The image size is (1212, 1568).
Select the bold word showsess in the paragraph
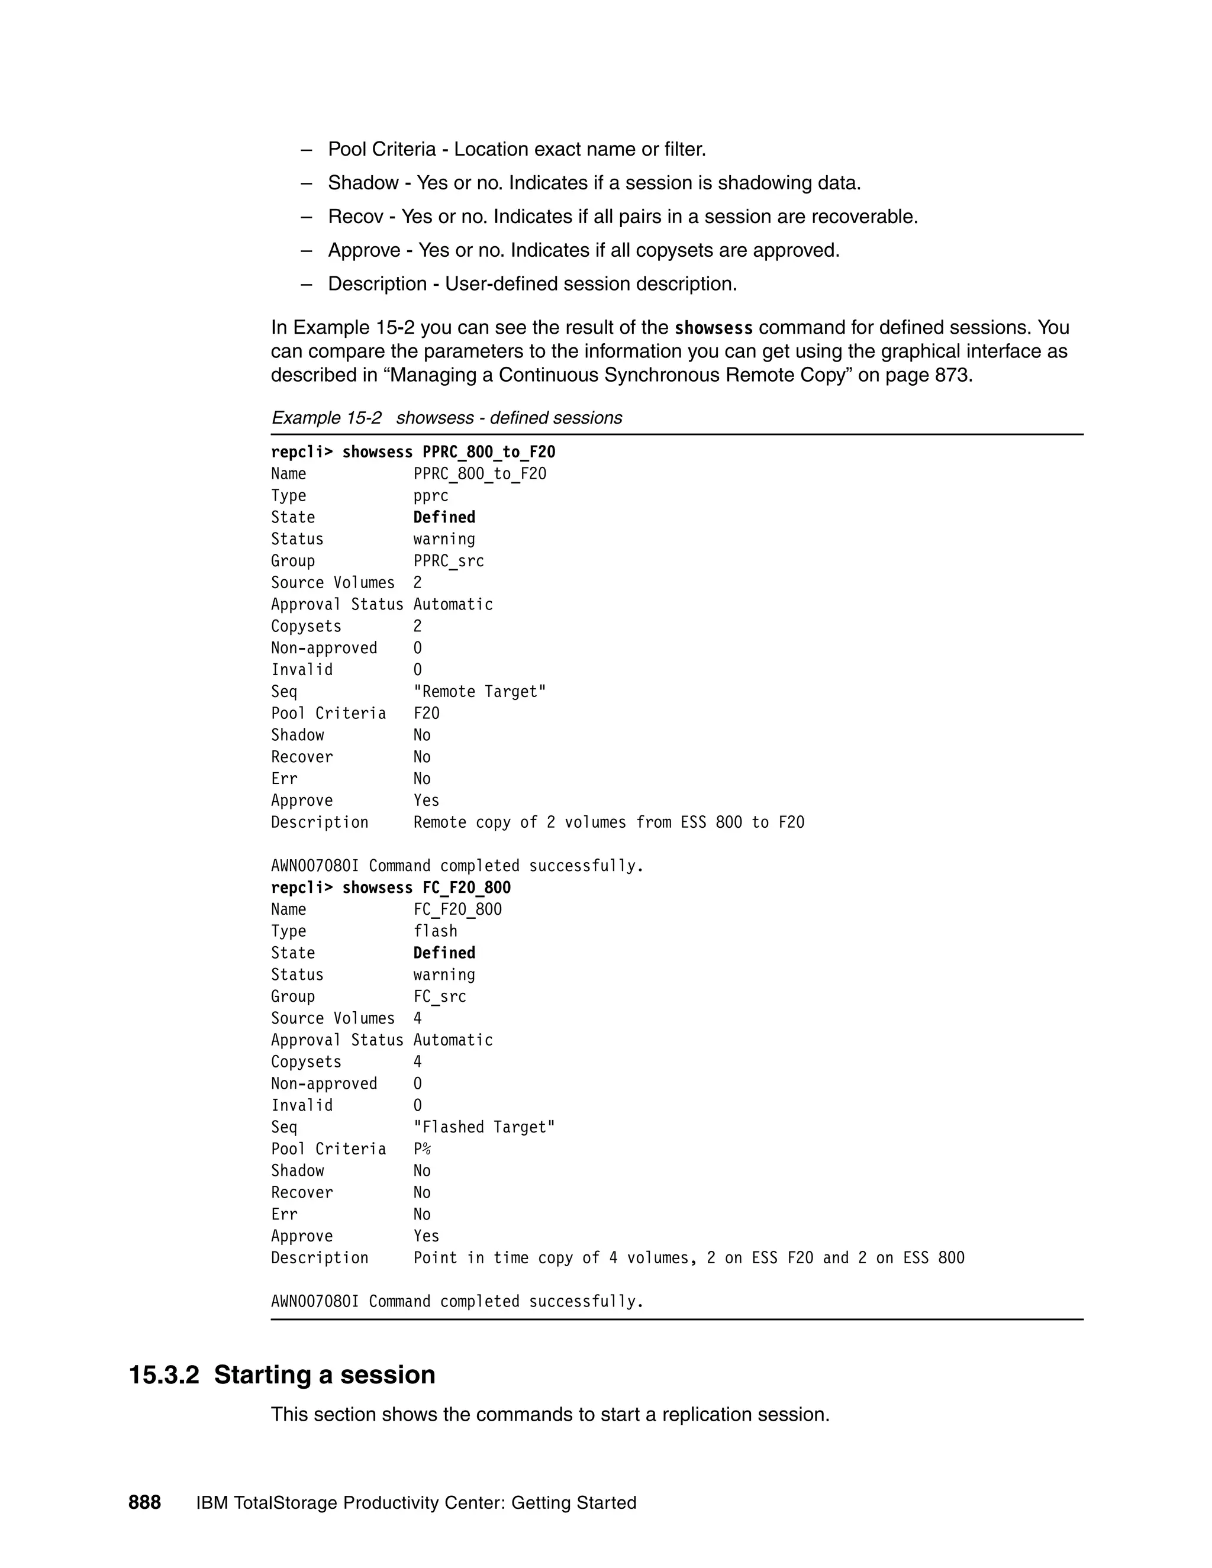tap(713, 328)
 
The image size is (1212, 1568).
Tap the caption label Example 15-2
tap(326, 418)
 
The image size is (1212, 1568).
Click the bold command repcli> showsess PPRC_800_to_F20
tap(413, 452)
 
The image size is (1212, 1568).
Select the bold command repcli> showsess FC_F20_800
tap(391, 888)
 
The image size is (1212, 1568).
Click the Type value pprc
tap(431, 496)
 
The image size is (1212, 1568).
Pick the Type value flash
tap(435, 931)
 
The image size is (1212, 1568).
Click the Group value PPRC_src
tap(449, 562)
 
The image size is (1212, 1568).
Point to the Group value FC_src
tap(440, 996)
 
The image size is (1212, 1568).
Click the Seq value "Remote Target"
tap(479, 692)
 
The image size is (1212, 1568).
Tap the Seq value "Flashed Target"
tap(484, 1127)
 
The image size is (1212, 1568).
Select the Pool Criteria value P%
tap(422, 1150)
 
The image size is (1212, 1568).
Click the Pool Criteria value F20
tap(427, 714)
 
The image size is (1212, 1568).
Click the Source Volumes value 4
tap(418, 1019)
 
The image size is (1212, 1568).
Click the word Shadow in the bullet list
tap(363, 183)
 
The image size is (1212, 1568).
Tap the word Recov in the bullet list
tap(356, 217)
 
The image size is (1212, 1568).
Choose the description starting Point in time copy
tap(689, 1258)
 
